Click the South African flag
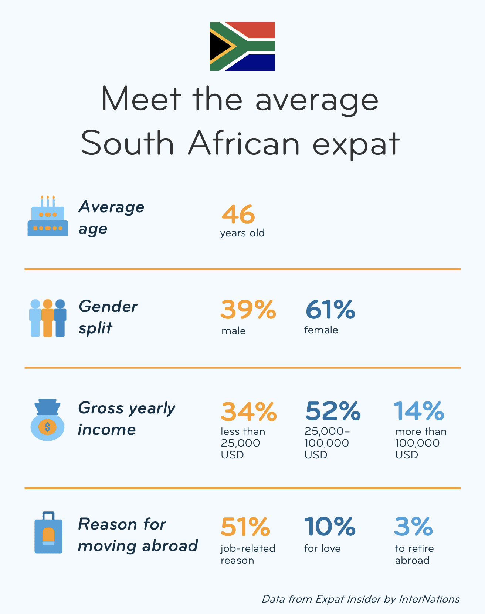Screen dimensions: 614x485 pos(242,46)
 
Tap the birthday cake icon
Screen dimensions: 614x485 pos(48,218)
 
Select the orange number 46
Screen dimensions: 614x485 pos(238,214)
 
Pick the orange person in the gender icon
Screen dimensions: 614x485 pos(48,318)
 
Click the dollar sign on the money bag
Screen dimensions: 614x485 pos(47,427)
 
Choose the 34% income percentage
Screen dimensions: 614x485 pos(248,411)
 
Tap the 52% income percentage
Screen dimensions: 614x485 pos(333,411)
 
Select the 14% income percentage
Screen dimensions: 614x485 pos(419,411)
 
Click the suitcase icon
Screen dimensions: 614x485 pos(48,534)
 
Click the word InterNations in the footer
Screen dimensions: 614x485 pos(429,599)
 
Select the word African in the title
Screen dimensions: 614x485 pos(244,144)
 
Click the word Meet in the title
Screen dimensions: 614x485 pos(141,99)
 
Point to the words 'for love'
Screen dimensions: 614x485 pos(322,548)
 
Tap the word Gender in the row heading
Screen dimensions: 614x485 pos(108,307)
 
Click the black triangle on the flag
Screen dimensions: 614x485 pos(219,46)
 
